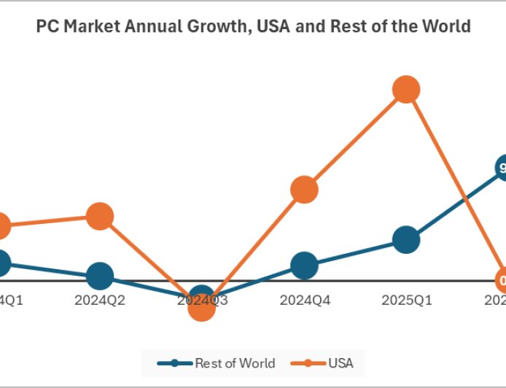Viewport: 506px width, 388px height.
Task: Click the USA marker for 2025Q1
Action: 406,90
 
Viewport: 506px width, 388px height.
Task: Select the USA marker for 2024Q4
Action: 304,190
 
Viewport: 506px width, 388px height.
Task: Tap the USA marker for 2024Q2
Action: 100,217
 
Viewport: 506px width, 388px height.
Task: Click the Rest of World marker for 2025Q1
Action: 406,239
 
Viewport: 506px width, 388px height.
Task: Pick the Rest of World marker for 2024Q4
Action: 304,265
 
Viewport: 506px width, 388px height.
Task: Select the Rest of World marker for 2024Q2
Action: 100,276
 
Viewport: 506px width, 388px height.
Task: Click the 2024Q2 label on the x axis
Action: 100,300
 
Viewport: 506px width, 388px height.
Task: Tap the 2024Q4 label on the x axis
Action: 304,300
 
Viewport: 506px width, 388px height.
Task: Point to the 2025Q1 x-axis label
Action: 406,300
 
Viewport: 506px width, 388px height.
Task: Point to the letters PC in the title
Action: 45,26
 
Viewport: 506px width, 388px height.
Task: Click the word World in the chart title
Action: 448,26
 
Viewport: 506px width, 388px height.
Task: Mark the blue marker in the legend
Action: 176,363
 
